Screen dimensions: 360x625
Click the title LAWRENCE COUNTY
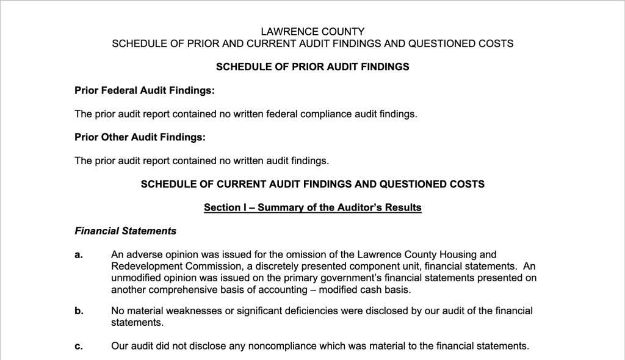point(312,31)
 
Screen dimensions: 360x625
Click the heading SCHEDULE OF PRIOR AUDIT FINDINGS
point(312,67)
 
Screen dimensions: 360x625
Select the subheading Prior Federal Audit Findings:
point(145,90)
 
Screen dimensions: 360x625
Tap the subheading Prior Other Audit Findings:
point(140,137)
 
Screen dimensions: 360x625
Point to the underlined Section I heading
point(312,207)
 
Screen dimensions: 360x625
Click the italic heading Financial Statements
point(126,231)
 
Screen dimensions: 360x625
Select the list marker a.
point(79,255)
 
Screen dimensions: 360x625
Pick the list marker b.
point(79,311)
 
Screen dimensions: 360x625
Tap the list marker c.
point(79,347)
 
